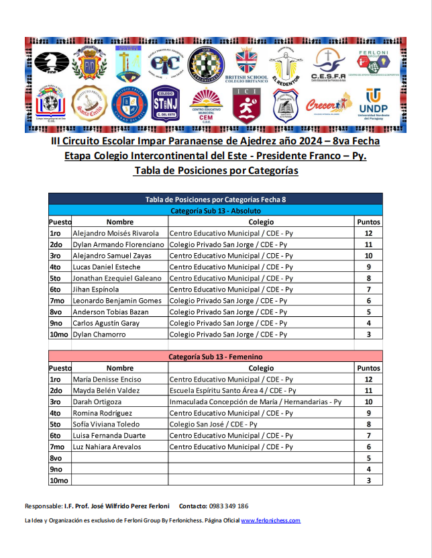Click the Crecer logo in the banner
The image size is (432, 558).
(x=328, y=104)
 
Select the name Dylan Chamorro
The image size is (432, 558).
(x=99, y=334)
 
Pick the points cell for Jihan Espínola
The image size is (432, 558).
(x=368, y=289)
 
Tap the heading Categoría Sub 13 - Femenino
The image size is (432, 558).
(x=215, y=357)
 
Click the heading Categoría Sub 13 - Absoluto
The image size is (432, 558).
(x=215, y=210)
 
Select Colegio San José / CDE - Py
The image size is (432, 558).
(x=213, y=424)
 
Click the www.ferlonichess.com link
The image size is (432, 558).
(x=270, y=520)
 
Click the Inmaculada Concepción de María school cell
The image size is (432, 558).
(x=255, y=402)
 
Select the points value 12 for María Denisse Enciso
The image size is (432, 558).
(x=368, y=379)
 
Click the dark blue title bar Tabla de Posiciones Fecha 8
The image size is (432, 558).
(x=215, y=199)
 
